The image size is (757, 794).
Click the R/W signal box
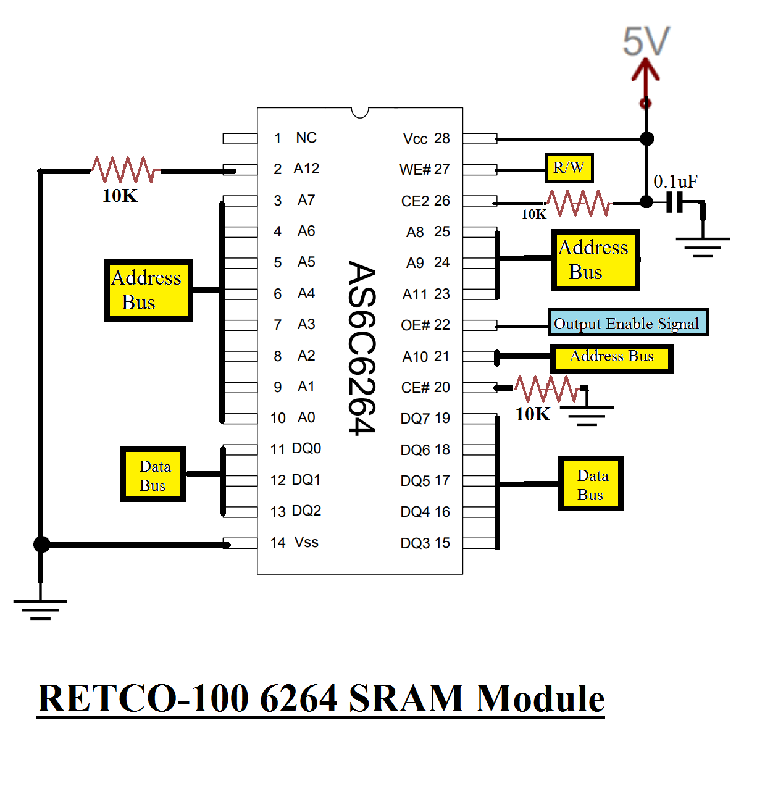[x=569, y=168]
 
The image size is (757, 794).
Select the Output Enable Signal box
[x=628, y=323]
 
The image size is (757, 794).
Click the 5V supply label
[x=646, y=42]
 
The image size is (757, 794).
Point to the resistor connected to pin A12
[x=125, y=170]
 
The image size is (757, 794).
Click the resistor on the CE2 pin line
[x=579, y=203]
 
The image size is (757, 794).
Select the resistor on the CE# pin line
[x=546, y=388]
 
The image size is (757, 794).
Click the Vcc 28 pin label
[x=426, y=139]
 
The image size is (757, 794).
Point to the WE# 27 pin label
[x=424, y=170]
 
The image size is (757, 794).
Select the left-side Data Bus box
[x=153, y=474]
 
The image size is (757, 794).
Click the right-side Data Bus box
[x=590, y=484]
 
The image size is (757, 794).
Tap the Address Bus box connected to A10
[x=611, y=358]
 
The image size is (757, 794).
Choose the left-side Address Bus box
[x=148, y=290]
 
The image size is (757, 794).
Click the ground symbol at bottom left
[x=40, y=608]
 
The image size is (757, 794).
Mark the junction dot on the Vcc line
[x=646, y=139]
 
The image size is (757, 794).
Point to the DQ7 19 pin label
[x=425, y=419]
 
